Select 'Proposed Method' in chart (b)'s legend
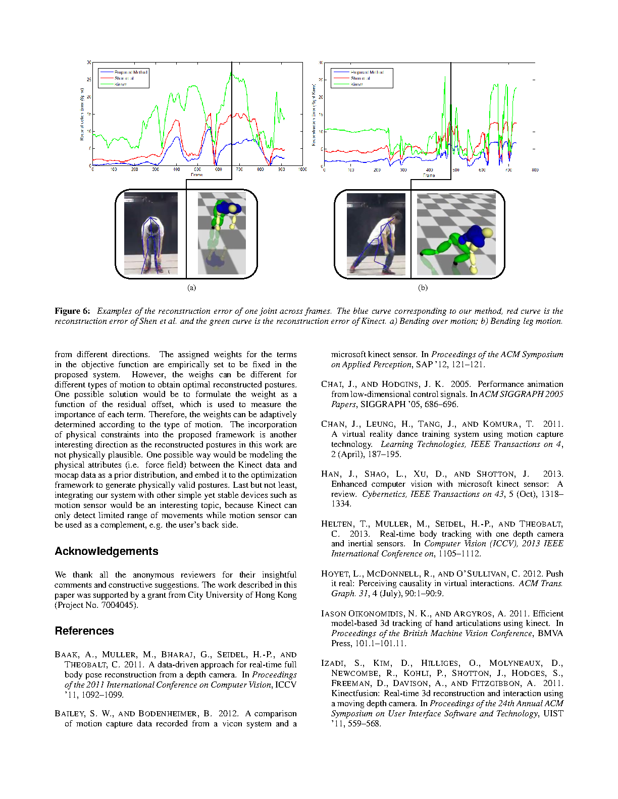coord(367,72)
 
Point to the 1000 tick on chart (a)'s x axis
coord(302,169)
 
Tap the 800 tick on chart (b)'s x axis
coord(535,170)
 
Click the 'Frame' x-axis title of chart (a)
coord(197,175)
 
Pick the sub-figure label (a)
coord(191,288)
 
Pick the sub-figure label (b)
coord(423,288)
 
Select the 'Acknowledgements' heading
coord(107,551)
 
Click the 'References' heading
coord(84,631)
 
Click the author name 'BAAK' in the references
coord(67,655)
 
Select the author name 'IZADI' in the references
coord(332,663)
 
